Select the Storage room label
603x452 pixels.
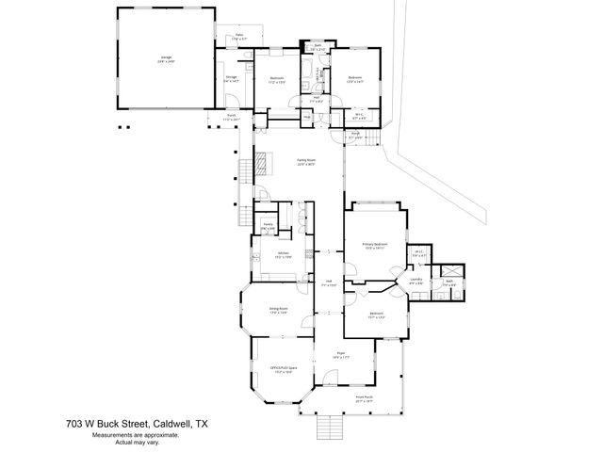click(231, 79)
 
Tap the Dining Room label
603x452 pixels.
click(278, 309)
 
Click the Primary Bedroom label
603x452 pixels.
click(375, 245)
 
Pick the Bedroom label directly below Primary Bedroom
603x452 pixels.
click(375, 315)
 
